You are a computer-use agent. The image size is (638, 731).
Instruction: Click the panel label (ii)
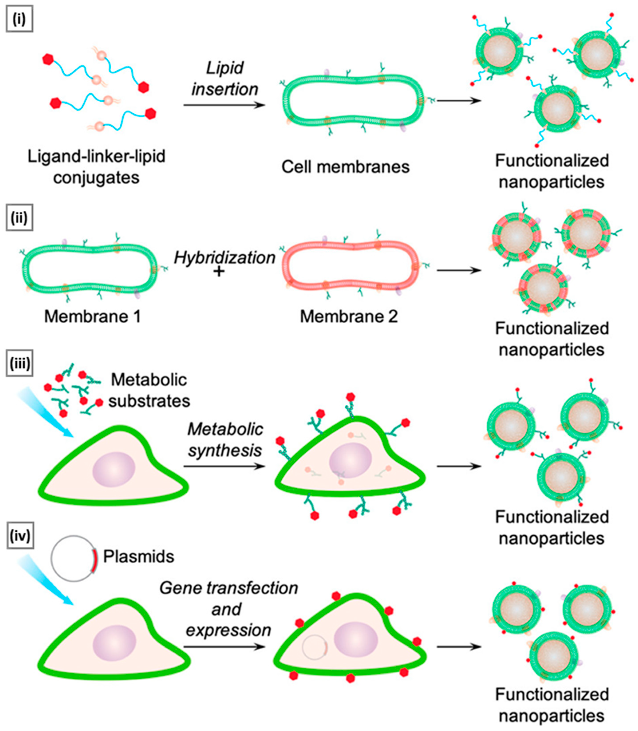(x=19, y=217)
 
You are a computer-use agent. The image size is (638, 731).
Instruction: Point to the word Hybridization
(x=225, y=257)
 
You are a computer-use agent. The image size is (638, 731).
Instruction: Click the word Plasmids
(x=138, y=557)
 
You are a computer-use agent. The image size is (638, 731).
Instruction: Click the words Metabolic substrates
(x=149, y=390)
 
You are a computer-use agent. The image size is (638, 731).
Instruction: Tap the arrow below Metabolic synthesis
(x=224, y=467)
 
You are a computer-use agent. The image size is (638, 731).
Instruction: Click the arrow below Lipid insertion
(x=224, y=105)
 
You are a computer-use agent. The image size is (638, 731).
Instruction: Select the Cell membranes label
(x=345, y=167)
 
